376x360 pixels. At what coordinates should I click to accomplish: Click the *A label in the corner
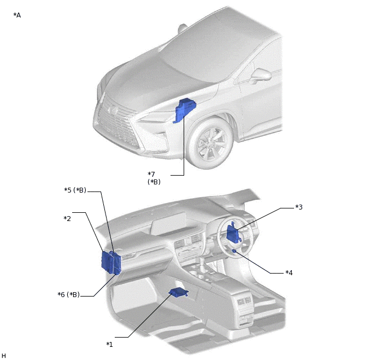[17, 15]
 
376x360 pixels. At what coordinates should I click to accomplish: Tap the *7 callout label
[151, 174]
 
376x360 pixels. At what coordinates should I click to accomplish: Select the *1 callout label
[109, 344]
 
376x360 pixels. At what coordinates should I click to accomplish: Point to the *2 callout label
[67, 218]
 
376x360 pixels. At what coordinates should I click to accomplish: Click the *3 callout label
[299, 207]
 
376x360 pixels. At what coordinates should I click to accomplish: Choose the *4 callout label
[289, 272]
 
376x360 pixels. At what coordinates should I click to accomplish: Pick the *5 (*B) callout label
[75, 190]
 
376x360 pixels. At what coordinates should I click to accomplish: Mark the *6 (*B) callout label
[68, 295]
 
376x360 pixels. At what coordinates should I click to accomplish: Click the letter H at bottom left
[4, 356]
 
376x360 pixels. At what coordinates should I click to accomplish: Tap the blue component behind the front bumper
[185, 109]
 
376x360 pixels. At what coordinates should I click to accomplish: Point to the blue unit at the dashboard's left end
[111, 262]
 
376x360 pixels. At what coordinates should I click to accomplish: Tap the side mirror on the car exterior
[261, 74]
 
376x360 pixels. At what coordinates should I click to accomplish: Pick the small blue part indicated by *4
[234, 251]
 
